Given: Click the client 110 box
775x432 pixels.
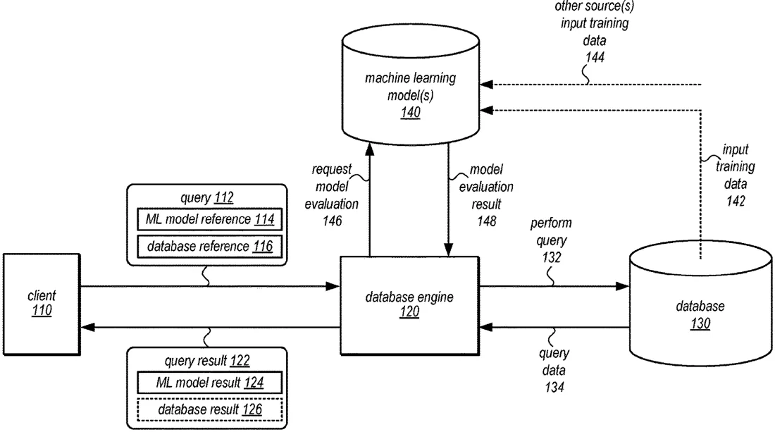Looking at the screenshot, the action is tap(42, 304).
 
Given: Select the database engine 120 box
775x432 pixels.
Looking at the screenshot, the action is tap(409, 305).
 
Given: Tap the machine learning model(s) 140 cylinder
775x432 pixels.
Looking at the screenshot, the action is tap(410, 84).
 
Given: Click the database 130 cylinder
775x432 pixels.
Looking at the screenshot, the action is tap(700, 303).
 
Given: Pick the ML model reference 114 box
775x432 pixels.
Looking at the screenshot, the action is tap(209, 219).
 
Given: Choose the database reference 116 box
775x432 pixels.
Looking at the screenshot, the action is tap(209, 246).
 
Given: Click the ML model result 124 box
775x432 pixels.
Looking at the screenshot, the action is tap(209, 382).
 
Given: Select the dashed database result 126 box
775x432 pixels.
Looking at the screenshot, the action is tap(209, 409).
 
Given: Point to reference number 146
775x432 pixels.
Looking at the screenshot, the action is tap(332, 221).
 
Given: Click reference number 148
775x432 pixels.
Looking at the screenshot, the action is tap(486, 221).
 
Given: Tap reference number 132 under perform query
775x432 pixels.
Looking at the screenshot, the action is tap(552, 257).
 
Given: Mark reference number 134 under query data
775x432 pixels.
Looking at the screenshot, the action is tap(554, 387).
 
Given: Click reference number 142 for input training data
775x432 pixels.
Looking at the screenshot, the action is tap(736, 201).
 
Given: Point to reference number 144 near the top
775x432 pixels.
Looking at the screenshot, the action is tap(595, 57).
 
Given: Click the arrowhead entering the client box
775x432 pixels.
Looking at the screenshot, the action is tap(87, 327).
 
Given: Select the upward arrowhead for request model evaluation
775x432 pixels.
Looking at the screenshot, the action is tap(369, 149).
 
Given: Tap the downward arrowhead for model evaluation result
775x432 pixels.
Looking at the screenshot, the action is tap(448, 249).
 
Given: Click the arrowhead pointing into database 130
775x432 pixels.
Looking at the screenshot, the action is tap(622, 285).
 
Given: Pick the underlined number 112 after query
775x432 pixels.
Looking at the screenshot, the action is tap(224, 198).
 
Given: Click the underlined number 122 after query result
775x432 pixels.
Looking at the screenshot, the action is tap(240, 361).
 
